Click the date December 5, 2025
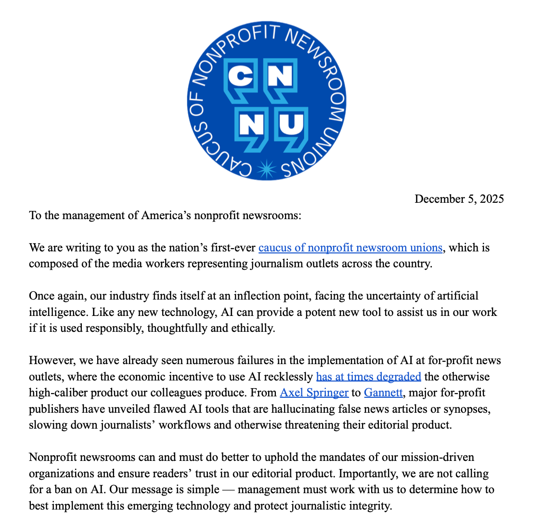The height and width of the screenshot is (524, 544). (x=459, y=199)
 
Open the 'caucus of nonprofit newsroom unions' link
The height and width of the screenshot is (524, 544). (x=350, y=248)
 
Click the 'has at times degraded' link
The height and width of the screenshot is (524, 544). (x=368, y=376)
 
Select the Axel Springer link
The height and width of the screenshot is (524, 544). (x=314, y=393)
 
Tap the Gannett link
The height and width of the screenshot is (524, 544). (x=383, y=393)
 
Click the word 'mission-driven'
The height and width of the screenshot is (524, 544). (x=441, y=457)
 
